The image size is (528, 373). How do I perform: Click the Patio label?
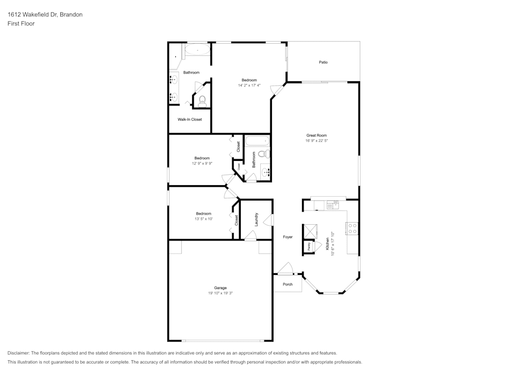coord(323,62)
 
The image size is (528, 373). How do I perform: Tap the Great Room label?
coord(316,136)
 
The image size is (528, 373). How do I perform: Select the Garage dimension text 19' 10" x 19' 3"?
coord(220,293)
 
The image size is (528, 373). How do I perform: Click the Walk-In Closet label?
coord(190,119)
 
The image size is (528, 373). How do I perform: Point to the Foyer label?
coord(287,237)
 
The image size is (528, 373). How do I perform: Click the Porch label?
coord(288,284)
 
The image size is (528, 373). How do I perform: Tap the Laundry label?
coord(256,219)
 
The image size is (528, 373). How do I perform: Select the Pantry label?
coord(308,246)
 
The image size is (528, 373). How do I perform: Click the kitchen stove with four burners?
coord(352,228)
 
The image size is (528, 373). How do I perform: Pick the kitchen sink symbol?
coord(333,204)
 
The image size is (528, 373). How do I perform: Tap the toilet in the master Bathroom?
coord(202,100)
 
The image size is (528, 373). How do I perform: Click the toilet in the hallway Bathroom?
coord(266,154)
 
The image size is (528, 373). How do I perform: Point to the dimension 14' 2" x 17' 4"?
coord(249,85)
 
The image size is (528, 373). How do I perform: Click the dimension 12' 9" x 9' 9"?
coord(202,164)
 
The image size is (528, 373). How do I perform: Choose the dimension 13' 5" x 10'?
coord(203,218)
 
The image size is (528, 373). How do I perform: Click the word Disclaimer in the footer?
coord(18,353)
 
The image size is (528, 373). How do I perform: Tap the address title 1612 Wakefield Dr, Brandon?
coord(45,15)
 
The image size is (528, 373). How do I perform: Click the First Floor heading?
coord(21,24)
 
